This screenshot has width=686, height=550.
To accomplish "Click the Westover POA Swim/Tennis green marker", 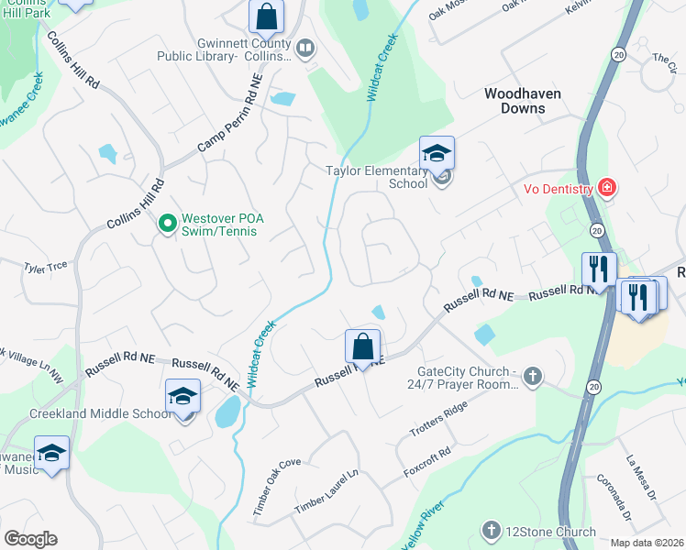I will (x=168, y=222).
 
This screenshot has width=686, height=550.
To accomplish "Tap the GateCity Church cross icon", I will (x=533, y=377).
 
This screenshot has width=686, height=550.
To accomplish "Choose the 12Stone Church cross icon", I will (x=491, y=532).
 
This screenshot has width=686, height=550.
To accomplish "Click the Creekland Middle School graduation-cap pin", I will (x=183, y=396).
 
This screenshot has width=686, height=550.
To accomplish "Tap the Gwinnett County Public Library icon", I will (x=305, y=47).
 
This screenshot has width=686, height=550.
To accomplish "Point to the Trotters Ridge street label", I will (x=444, y=419).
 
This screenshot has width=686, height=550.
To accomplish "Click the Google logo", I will (x=30, y=539).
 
